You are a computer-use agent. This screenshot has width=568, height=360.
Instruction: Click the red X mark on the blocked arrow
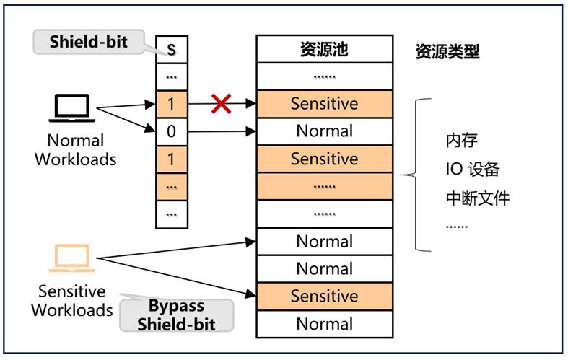click(221, 104)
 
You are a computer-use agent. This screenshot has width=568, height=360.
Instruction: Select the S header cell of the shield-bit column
click(171, 49)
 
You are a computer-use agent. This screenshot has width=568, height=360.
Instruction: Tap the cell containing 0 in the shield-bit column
click(171, 131)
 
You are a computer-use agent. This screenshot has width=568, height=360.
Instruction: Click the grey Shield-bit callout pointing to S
click(88, 41)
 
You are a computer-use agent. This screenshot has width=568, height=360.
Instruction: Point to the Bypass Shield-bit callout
click(177, 315)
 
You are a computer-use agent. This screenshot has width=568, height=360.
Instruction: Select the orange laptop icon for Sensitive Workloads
click(71, 258)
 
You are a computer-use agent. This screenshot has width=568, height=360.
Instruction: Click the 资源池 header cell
click(324, 49)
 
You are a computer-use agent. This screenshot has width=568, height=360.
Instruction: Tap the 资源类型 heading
click(447, 52)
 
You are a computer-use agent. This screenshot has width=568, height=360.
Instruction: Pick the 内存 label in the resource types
click(462, 140)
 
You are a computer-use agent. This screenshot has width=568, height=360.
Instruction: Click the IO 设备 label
click(473, 170)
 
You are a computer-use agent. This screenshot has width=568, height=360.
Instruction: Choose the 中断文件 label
click(477, 198)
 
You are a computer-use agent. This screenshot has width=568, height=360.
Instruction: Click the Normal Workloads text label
click(76, 149)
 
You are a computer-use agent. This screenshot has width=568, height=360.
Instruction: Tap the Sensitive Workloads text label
click(71, 301)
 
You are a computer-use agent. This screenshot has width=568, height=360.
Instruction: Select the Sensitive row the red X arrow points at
click(324, 104)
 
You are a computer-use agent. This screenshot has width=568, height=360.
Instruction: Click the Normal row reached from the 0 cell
click(324, 131)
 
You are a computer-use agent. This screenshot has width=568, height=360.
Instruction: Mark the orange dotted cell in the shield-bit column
click(171, 186)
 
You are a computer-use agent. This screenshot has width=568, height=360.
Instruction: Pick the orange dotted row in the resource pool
click(324, 186)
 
